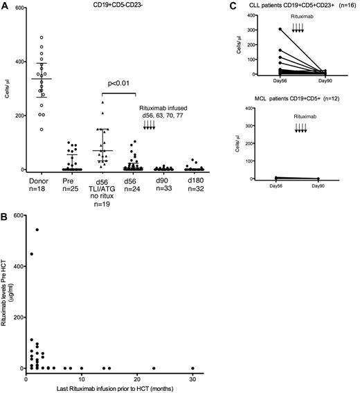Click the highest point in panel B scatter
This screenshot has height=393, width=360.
tap(37, 230)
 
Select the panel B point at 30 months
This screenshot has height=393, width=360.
tap(193, 368)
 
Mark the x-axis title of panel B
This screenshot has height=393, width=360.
tap(111, 388)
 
